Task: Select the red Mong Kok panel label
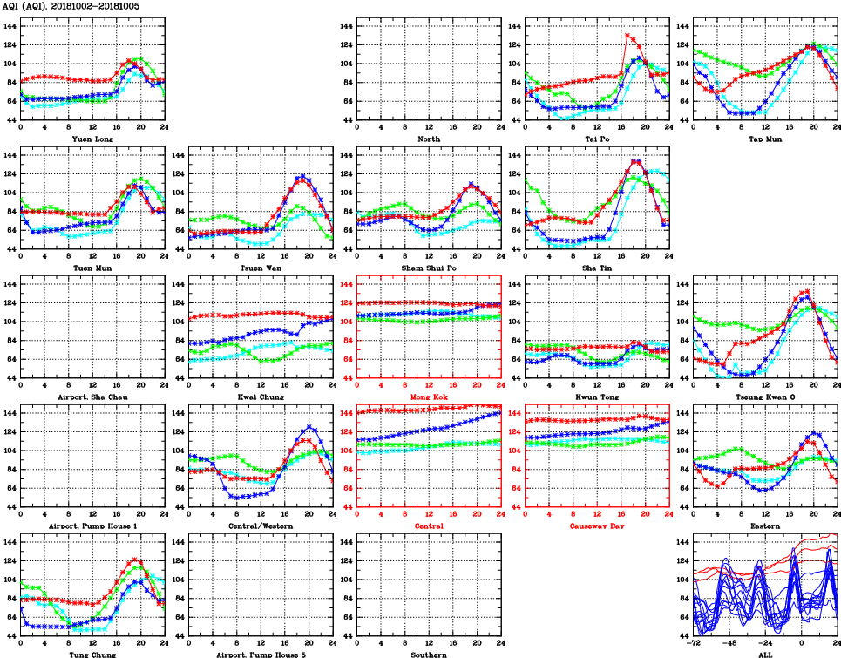pyautogui.click(x=428, y=397)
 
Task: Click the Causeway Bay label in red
pyautogui.click(x=596, y=526)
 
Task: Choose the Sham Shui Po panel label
pyautogui.click(x=428, y=268)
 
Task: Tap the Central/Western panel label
pyautogui.click(x=260, y=526)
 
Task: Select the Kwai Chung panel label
pyautogui.click(x=260, y=397)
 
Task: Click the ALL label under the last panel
pyautogui.click(x=764, y=655)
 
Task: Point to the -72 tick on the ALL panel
pyautogui.click(x=694, y=644)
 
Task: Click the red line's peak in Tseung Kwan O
pyautogui.click(x=808, y=291)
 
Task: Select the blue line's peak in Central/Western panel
pyautogui.click(x=309, y=427)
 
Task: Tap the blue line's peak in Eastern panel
pyautogui.click(x=814, y=432)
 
